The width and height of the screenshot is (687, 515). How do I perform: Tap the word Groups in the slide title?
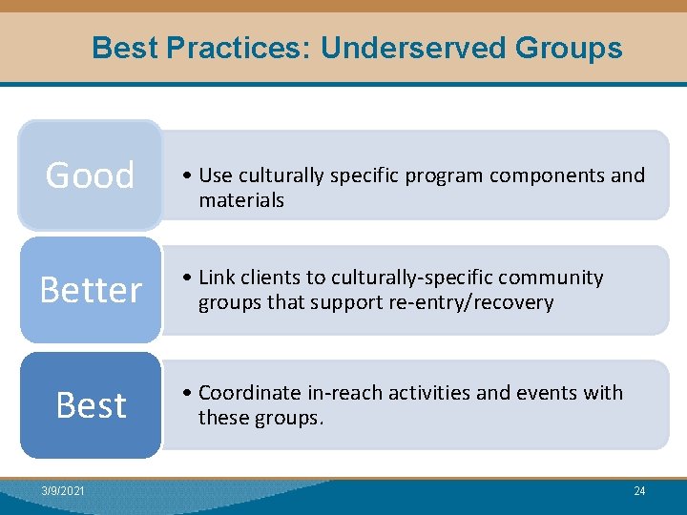pyautogui.click(x=569, y=48)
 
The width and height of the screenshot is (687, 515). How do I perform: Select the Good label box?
pyautogui.click(x=91, y=175)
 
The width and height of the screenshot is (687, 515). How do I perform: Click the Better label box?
pyautogui.click(x=91, y=290)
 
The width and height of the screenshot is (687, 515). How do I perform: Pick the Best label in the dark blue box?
pyautogui.click(x=91, y=405)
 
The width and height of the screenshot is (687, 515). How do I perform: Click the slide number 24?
pyautogui.click(x=638, y=491)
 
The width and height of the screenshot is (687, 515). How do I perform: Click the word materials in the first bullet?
pyautogui.click(x=241, y=200)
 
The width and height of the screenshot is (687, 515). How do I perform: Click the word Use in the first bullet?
pyautogui.click(x=216, y=175)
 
